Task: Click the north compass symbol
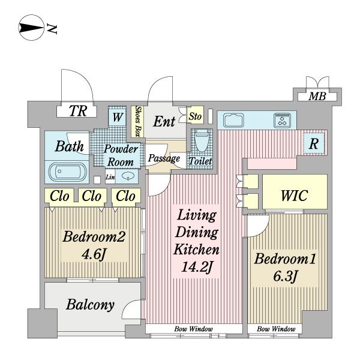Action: tap(31, 28)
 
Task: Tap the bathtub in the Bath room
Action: tap(67, 172)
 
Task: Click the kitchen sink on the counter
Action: tap(233, 121)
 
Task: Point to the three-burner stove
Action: tap(282, 120)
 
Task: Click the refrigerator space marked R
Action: tap(314, 144)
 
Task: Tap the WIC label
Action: tap(295, 196)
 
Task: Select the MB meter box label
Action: tap(317, 97)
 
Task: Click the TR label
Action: tap(78, 111)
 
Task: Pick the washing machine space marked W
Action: tap(118, 117)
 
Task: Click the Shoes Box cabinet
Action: tap(137, 121)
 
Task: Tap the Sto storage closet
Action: tap(195, 116)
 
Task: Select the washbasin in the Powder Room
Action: tap(127, 176)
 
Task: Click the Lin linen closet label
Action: tap(110, 177)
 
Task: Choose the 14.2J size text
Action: tap(196, 267)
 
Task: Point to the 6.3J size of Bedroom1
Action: tap(286, 276)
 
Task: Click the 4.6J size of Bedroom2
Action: tap(94, 254)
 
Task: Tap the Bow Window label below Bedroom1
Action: tap(276, 329)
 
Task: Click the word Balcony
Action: tap(90, 305)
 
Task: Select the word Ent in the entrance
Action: tap(164, 121)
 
